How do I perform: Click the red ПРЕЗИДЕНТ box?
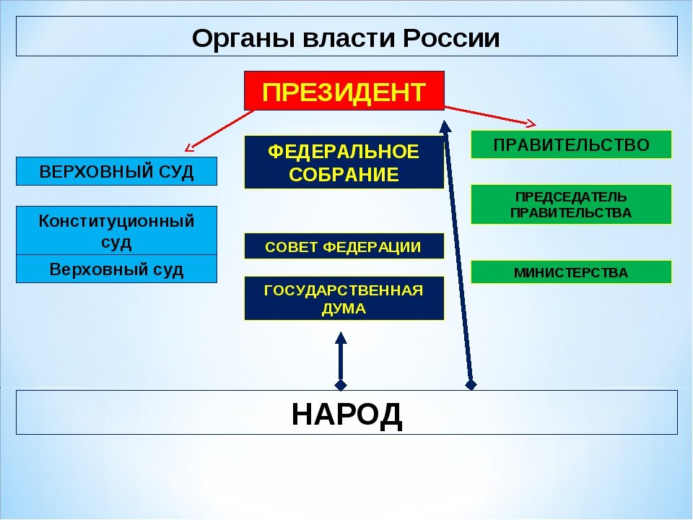tap(344, 91)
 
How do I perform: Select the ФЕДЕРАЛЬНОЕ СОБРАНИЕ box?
tap(344, 162)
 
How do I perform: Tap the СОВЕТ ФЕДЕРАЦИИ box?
tap(344, 246)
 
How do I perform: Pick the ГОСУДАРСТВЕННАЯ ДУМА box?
tap(344, 298)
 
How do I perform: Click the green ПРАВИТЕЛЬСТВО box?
tap(571, 144)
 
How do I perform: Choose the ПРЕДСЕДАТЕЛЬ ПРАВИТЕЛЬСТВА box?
tap(571, 204)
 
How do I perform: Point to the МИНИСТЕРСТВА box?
tap(571, 272)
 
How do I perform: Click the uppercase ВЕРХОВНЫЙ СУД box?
tap(116, 172)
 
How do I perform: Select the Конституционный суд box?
tap(116, 230)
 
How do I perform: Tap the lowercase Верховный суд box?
tap(116, 269)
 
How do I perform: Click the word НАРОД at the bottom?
tap(346, 415)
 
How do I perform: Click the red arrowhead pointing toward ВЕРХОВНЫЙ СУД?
tap(190, 147)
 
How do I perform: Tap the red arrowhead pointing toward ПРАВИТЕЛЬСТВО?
tap(531, 123)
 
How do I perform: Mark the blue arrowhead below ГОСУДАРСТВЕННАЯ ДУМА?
tap(341, 337)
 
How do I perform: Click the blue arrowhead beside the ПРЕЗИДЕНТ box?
tap(445, 126)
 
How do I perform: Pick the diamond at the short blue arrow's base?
tap(341, 384)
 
